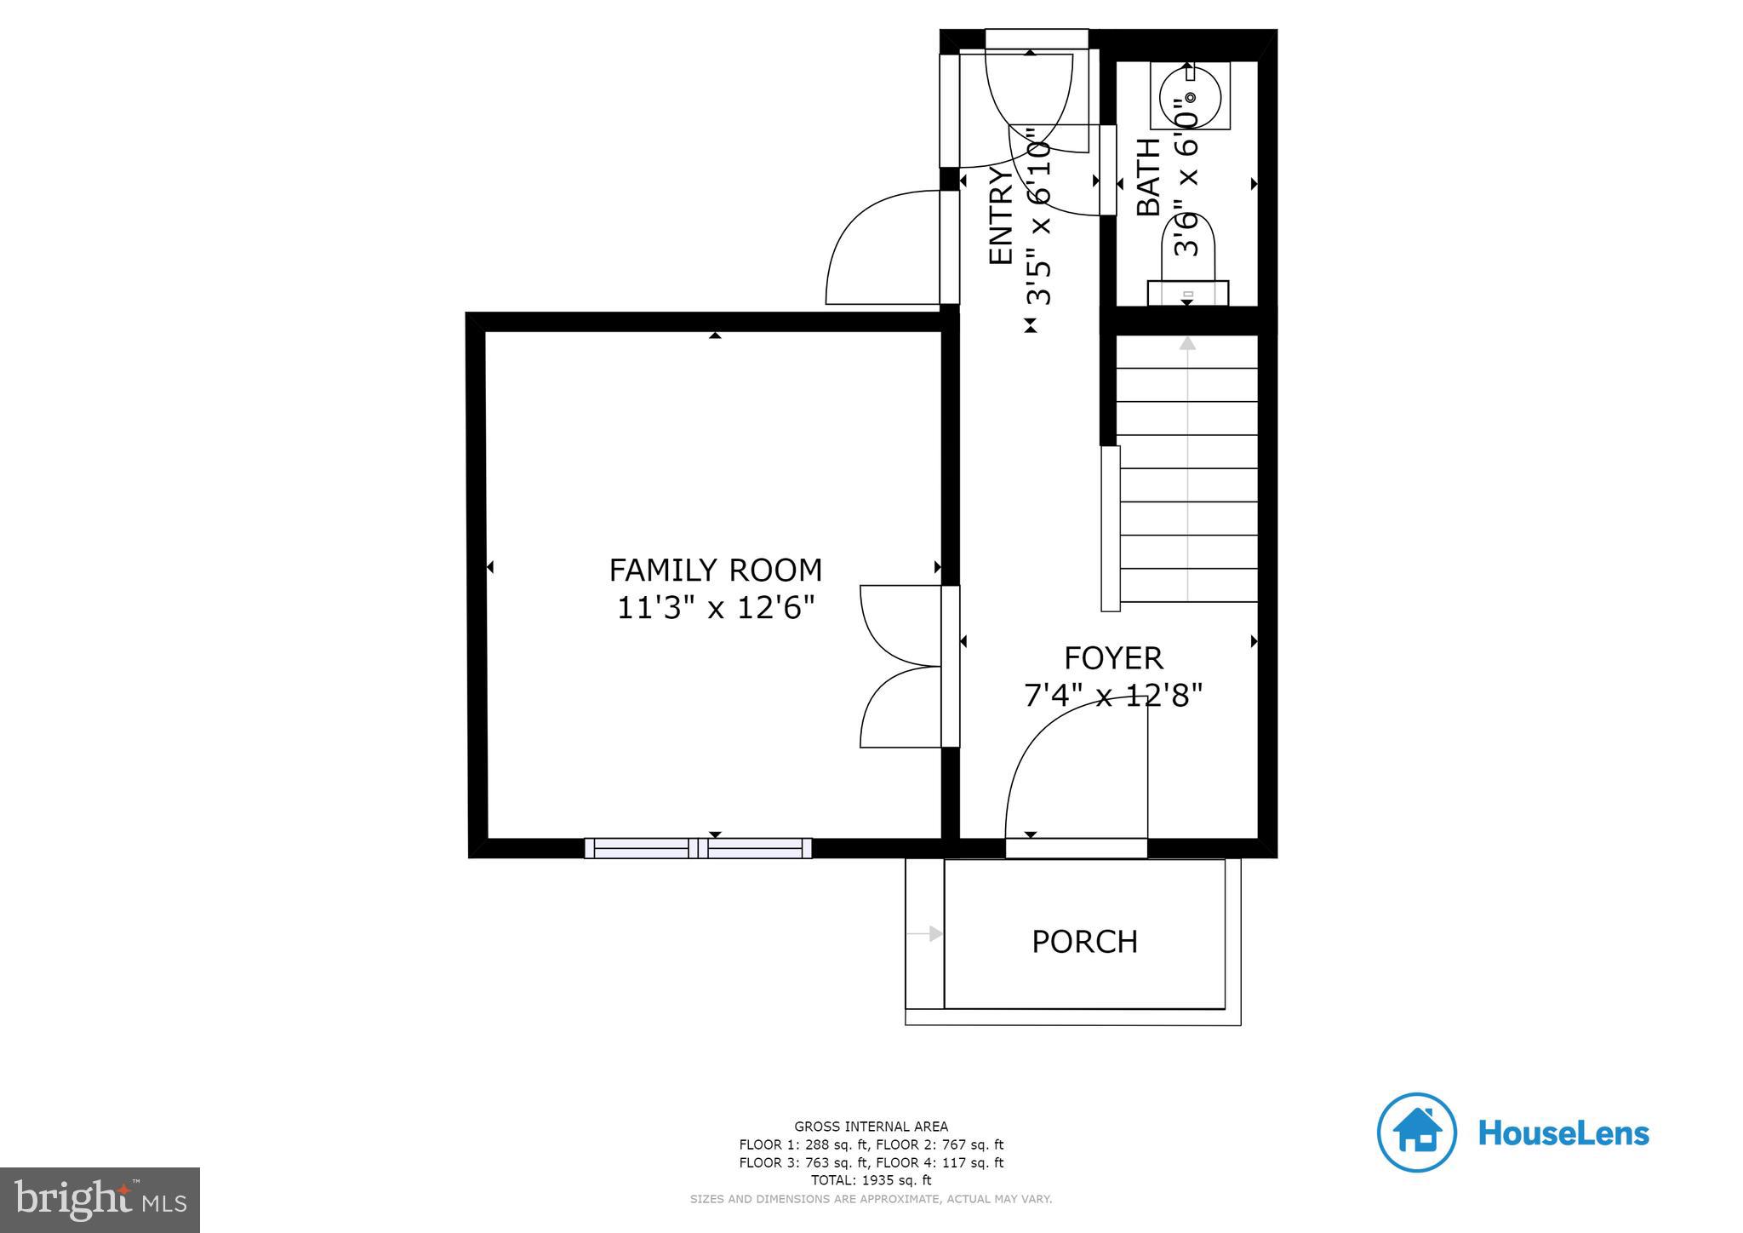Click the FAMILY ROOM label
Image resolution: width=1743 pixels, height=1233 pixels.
pyautogui.click(x=715, y=570)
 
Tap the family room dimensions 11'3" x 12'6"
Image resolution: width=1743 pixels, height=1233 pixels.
pyautogui.click(x=715, y=609)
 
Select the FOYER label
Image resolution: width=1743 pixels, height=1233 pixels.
pyautogui.click(x=1113, y=658)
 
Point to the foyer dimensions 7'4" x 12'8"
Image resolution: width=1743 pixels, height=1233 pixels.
pyautogui.click(x=1113, y=696)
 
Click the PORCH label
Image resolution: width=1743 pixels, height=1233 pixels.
pyautogui.click(x=1084, y=942)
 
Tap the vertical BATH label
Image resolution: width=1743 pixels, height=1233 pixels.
pyautogui.click(x=1149, y=177)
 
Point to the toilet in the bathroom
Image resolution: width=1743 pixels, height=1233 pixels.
pyautogui.click(x=1188, y=264)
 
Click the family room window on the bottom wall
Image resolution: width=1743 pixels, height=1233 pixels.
pyautogui.click(x=698, y=848)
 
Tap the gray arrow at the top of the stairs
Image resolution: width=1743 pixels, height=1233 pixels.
pyautogui.click(x=1187, y=343)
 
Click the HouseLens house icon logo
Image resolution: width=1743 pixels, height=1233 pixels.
pyautogui.click(x=1416, y=1133)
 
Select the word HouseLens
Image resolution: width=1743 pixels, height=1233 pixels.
pyautogui.click(x=1563, y=1133)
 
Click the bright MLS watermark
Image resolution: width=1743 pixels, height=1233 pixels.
pyautogui.click(x=100, y=1200)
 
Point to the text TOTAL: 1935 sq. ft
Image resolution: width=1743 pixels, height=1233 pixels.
pyautogui.click(x=871, y=1180)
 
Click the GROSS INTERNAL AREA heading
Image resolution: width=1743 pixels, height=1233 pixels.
pyautogui.click(x=871, y=1127)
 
